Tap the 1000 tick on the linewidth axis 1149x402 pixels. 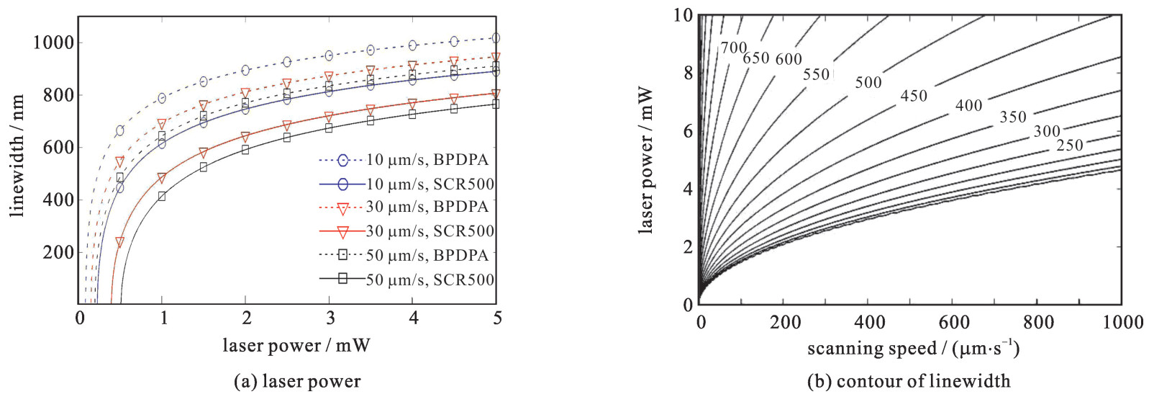tap(53, 43)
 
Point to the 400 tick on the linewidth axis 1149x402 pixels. tap(58, 200)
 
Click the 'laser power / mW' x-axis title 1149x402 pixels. tap(296, 346)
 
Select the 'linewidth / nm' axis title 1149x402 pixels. tap(17, 155)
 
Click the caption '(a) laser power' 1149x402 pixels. tap(297, 381)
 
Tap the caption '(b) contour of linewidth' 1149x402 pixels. tap(908, 381)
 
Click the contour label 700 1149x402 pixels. tap(734, 48)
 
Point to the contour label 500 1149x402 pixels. tap(868, 83)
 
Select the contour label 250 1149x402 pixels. tap(1069, 146)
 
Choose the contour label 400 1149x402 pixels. tap(968, 106)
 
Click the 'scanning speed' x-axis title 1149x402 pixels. tap(912, 349)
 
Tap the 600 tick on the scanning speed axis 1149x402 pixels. tap(954, 322)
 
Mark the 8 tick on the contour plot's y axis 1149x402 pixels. tap(688, 73)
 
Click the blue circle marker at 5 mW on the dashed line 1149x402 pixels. tap(495, 38)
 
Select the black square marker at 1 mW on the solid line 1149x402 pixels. tap(162, 196)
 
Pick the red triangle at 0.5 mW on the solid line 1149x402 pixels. tap(120, 242)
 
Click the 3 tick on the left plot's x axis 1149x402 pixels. tap(330, 318)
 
